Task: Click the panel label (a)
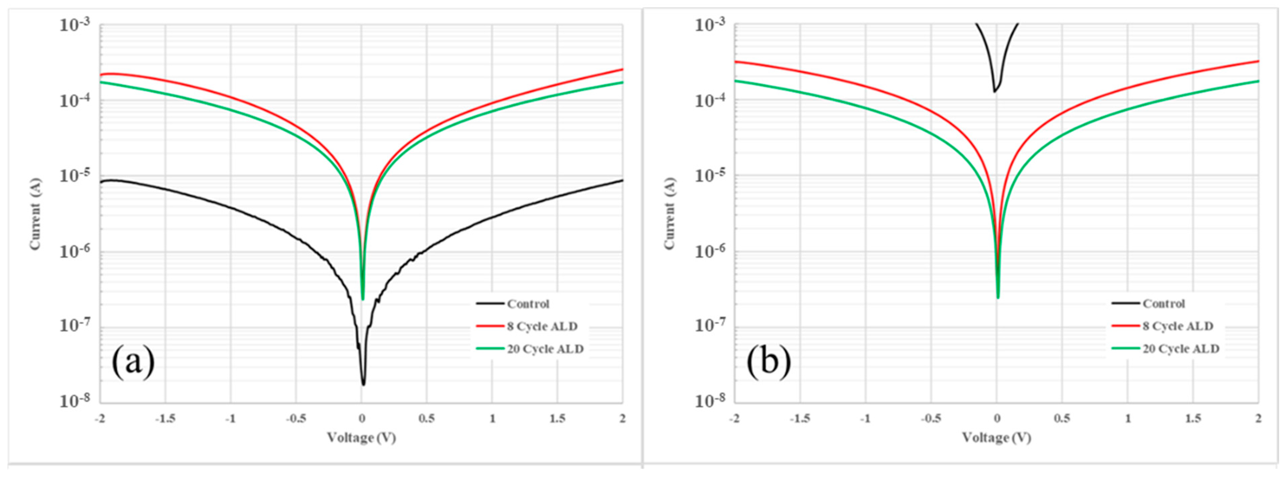(133, 363)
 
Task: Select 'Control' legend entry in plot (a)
(528, 304)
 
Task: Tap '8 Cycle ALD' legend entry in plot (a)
(542, 326)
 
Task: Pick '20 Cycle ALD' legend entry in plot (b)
(1181, 349)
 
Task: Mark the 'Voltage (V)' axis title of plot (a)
(361, 438)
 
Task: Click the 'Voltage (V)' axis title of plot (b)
(996, 438)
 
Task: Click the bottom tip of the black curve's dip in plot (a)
(363, 384)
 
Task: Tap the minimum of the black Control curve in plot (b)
(994, 91)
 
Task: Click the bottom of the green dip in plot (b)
(998, 298)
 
